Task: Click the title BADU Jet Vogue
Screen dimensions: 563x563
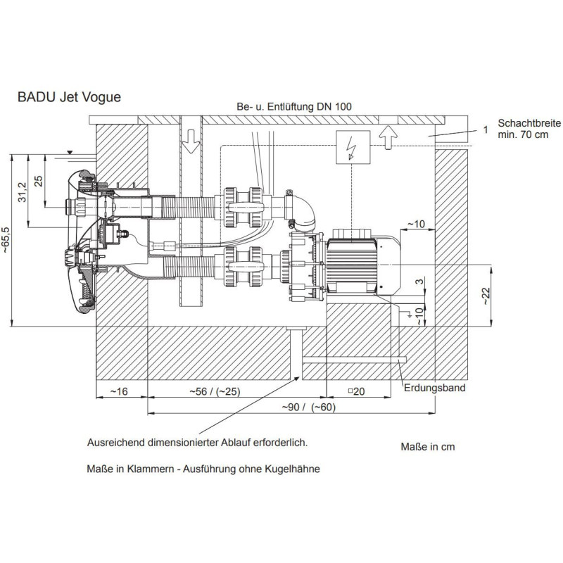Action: pos(69,97)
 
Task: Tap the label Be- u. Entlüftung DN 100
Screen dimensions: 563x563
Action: pos(296,106)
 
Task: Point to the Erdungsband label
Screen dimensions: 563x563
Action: pos(434,387)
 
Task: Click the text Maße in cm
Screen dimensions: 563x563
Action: pos(424,447)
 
